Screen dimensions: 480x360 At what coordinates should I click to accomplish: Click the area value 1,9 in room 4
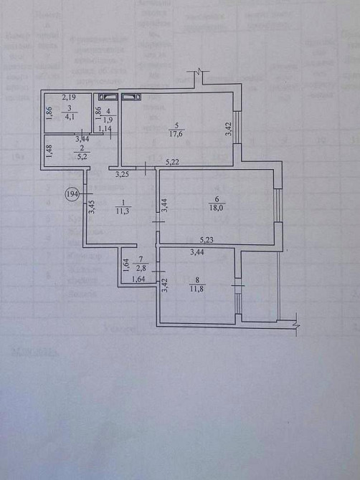108,120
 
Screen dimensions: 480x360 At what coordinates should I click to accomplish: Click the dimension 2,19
69,97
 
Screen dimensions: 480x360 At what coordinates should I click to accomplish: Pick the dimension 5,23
207,241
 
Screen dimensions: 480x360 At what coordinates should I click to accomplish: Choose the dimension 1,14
105,130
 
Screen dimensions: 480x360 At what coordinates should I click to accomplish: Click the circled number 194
72,193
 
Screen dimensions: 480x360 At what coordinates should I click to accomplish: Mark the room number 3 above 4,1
68,106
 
